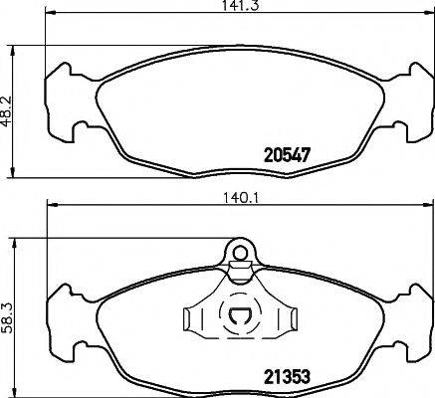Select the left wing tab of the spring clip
(x=193, y=319)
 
